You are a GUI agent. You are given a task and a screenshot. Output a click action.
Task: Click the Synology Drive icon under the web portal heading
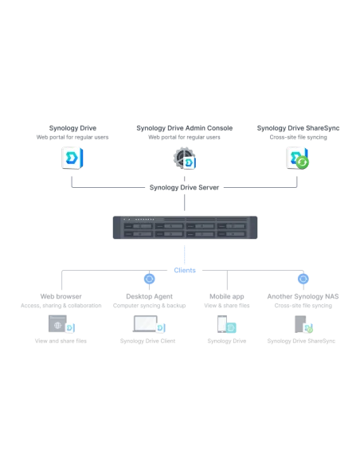coord(72,158)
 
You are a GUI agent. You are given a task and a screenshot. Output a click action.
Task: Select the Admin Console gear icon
coord(185,158)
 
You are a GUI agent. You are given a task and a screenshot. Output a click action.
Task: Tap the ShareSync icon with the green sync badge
coord(297,158)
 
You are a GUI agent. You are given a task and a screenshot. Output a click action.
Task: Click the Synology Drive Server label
coord(184,187)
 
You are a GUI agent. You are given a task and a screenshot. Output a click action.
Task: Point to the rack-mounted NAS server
coord(185,228)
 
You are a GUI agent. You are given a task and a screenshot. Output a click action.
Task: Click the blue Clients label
coord(185,270)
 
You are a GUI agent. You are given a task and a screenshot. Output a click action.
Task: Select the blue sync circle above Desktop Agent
coord(150,279)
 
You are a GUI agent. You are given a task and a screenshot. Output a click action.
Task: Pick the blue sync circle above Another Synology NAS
coord(303,279)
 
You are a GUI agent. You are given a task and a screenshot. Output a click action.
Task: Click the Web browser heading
coord(61,296)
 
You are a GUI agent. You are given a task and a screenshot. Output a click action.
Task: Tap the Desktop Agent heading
coord(149,296)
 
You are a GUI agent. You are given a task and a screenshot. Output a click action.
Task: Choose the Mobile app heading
coord(227,296)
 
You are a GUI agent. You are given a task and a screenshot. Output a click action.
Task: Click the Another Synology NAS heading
coord(303,296)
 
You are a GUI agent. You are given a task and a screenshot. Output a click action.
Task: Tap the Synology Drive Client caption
coord(147,341)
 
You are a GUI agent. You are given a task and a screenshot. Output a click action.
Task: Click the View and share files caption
coord(61,341)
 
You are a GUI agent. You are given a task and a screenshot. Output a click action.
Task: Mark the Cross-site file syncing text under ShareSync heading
coord(299,137)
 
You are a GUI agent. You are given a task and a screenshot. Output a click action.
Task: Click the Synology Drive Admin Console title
coord(185,128)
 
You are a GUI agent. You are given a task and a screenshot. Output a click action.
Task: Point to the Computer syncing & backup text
coord(149,306)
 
